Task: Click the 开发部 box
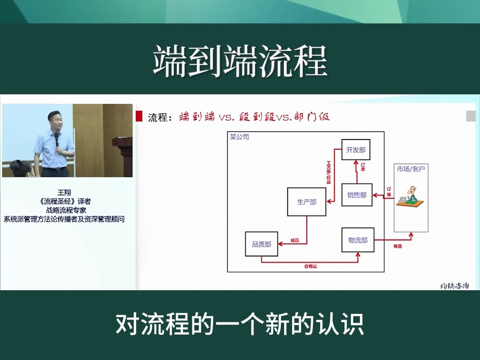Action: coord(356,150)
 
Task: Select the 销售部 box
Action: coord(357,195)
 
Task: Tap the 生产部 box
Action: coord(307,202)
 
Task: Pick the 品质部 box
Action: coord(261,244)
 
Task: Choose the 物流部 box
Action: coord(358,240)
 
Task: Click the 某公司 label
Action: coord(239,137)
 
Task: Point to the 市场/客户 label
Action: coord(411,169)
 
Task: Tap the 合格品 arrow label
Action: coord(310,266)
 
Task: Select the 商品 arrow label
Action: coord(397,246)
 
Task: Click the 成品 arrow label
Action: coord(295,240)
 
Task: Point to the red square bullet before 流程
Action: coord(139,117)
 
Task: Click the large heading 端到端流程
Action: coord(240,62)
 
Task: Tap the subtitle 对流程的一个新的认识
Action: coord(240,324)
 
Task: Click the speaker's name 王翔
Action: coord(64,192)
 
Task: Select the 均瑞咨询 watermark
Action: coord(454,286)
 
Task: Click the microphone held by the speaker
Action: coord(56,139)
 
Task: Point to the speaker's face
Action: coord(55,122)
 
